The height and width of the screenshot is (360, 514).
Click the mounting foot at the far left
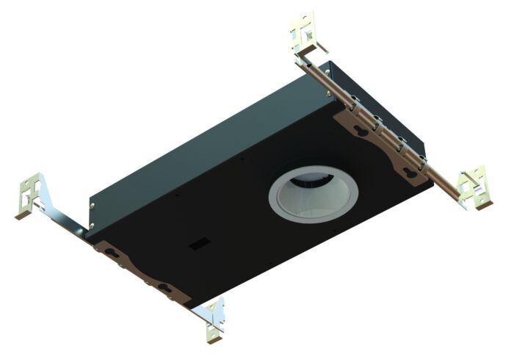point(31,196)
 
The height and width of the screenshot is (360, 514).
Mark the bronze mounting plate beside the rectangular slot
point(140,268)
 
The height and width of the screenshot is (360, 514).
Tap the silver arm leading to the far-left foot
point(62,216)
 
